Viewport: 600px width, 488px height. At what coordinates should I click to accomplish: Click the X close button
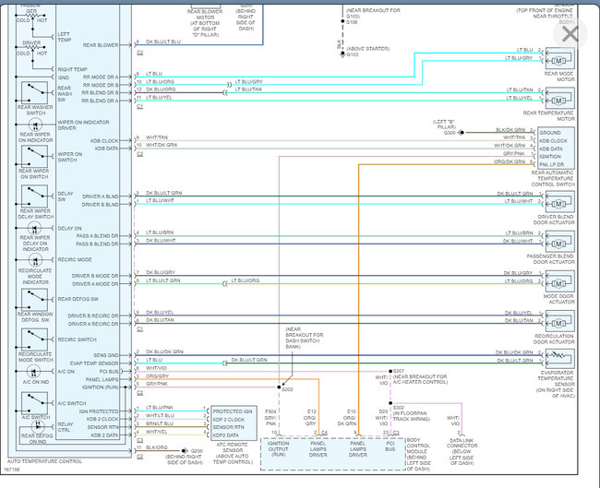(570, 34)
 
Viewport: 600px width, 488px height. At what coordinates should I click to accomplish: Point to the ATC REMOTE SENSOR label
(234, 448)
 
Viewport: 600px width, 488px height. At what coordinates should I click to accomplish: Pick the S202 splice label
(287, 389)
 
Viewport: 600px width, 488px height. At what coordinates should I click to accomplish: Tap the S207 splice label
(399, 371)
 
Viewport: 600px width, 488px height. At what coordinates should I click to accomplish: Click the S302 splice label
(400, 406)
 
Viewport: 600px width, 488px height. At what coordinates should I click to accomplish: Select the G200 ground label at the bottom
(197, 450)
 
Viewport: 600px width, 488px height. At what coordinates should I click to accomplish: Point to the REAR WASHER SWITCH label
(34, 110)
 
